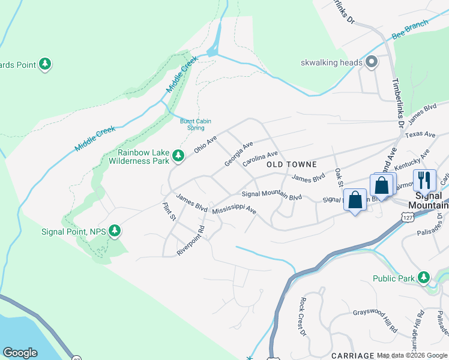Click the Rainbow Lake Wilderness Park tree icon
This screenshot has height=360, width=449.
click(178, 156)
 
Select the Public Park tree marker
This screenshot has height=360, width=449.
click(424, 278)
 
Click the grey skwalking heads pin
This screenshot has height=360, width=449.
click(372, 62)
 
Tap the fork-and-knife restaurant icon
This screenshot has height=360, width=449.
click(424, 179)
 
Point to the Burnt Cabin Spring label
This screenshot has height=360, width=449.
click(196, 124)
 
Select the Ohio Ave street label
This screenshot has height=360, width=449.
click(205, 143)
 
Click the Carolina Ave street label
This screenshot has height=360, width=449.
click(260, 159)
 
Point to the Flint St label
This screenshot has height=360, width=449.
click(169, 212)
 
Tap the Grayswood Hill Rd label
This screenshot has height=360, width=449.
click(375, 320)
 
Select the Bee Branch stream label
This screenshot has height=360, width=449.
click(410, 29)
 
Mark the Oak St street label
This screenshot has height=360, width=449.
click(339, 178)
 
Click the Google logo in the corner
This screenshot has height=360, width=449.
click(20, 353)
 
